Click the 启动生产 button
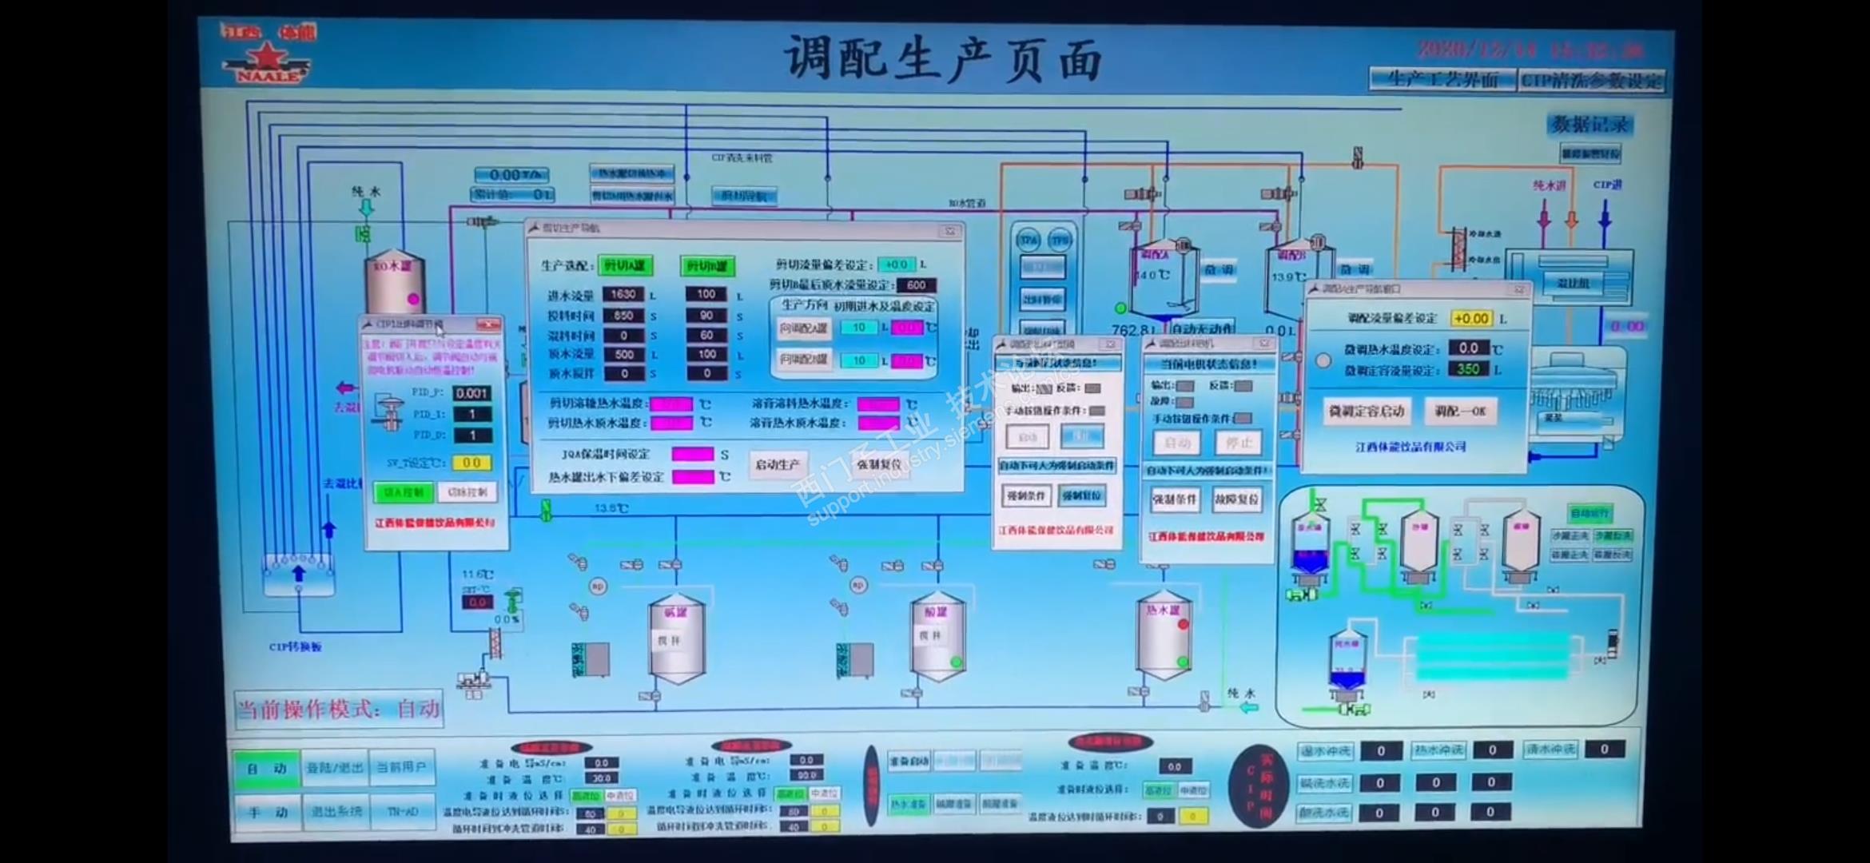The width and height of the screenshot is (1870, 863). click(777, 464)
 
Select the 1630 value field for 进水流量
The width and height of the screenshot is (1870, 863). click(623, 294)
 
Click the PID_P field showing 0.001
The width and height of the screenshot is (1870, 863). click(471, 393)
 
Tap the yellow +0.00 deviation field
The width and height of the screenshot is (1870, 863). click(1470, 318)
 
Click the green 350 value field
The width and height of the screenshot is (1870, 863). click(1468, 369)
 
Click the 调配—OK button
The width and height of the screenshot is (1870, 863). click(1459, 411)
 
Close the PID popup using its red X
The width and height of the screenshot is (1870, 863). click(487, 324)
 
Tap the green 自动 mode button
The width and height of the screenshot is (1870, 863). click(266, 768)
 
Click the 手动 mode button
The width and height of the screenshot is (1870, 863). click(266, 812)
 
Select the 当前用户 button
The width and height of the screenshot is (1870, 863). click(401, 767)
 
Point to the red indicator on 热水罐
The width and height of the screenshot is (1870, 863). click(1183, 624)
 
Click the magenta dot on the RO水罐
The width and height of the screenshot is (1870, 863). click(413, 299)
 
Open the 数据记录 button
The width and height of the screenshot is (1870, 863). click(1589, 125)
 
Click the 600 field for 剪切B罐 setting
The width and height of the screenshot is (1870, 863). click(916, 285)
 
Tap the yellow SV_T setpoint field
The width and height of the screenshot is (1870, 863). click(471, 463)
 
